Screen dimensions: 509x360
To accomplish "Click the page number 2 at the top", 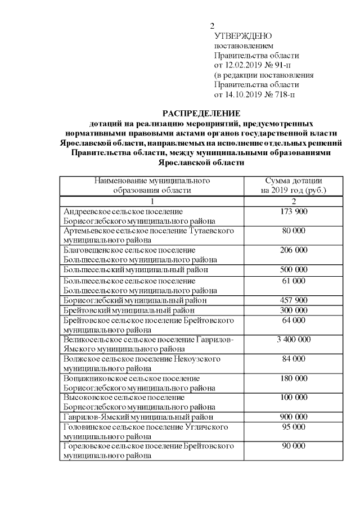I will coord(212,26).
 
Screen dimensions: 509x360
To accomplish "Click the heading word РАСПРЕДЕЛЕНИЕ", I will coord(201,113).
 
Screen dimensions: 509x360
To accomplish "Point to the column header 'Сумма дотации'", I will coord(293,181).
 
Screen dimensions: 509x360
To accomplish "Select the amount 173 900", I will coord(293,211).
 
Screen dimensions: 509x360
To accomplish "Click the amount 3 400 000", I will coord(293,340).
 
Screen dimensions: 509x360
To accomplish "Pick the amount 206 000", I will coord(293,250).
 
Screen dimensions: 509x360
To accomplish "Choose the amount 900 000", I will coord(293,417).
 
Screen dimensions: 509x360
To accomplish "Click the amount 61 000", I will coord(293,280).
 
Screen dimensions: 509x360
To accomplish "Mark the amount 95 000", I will coord(293,427).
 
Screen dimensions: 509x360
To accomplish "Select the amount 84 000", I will coord(293,359).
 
